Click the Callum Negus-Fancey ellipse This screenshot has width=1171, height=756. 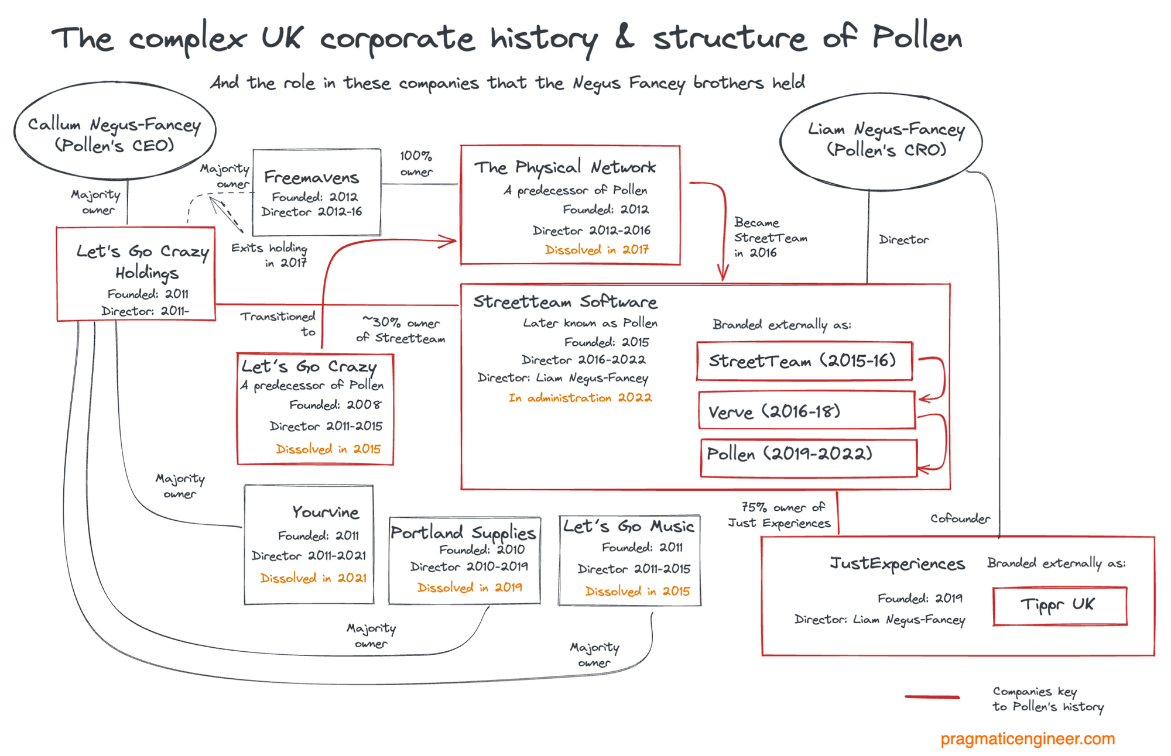click(115, 132)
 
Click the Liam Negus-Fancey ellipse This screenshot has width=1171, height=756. click(881, 140)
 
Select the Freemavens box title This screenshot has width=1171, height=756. click(311, 177)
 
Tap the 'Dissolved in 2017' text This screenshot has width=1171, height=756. click(597, 250)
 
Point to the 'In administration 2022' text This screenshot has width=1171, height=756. click(580, 398)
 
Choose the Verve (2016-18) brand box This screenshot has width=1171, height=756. click(806, 411)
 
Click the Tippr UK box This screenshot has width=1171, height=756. click(1059, 605)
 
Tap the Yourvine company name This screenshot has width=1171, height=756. click(326, 512)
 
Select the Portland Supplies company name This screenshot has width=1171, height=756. click(463, 532)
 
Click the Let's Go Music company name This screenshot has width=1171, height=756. click(629, 526)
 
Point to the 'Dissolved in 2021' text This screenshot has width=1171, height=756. click(313, 578)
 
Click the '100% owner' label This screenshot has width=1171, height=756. click(416, 164)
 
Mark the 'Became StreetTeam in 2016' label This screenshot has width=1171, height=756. click(769, 238)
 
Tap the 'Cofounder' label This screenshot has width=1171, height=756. click(960, 518)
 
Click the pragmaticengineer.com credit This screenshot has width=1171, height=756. click(1028, 738)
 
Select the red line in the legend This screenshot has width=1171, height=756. click(932, 696)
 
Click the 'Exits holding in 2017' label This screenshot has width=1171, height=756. click(269, 255)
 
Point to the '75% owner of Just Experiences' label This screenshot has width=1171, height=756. click(779, 515)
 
